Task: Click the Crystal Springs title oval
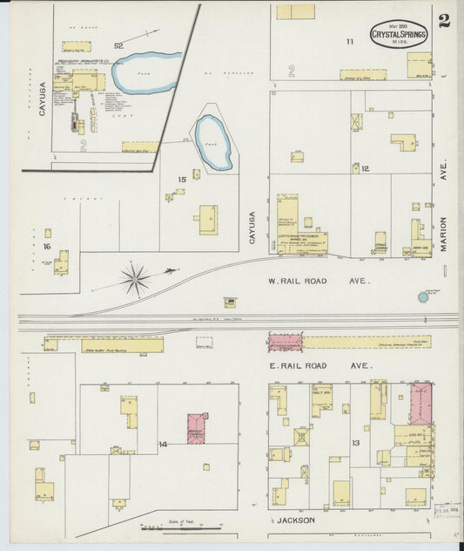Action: [399, 35]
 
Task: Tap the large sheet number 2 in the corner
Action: [444, 21]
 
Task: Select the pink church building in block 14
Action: [198, 428]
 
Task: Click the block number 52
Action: [118, 44]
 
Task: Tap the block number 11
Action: [350, 41]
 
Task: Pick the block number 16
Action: [46, 247]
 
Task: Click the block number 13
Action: [355, 444]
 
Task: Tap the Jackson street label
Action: [293, 520]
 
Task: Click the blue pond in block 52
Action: [144, 71]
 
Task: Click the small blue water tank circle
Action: [423, 297]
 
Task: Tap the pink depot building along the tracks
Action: [285, 342]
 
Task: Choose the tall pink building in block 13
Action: [420, 403]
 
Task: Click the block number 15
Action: [181, 180]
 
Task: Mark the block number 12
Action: [366, 168]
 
